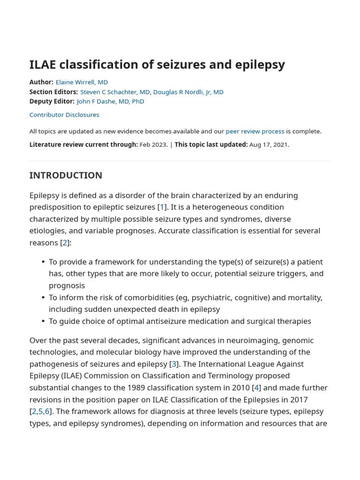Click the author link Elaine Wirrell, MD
[x=82, y=82]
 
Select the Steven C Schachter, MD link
[x=115, y=92]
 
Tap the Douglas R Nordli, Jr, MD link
[x=188, y=92]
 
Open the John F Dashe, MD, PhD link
[x=110, y=101]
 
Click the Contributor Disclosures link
[x=64, y=115]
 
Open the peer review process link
[x=255, y=131]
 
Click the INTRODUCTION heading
[x=66, y=175]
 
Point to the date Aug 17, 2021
[x=269, y=144]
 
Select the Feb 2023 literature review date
[x=153, y=144]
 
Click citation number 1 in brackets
[x=162, y=207]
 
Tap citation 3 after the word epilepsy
[x=174, y=364]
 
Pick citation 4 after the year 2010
[x=256, y=388]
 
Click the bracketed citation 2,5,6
[x=40, y=411]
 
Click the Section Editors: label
[x=53, y=92]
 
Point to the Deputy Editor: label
[x=52, y=101]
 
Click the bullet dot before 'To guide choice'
[x=43, y=321]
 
